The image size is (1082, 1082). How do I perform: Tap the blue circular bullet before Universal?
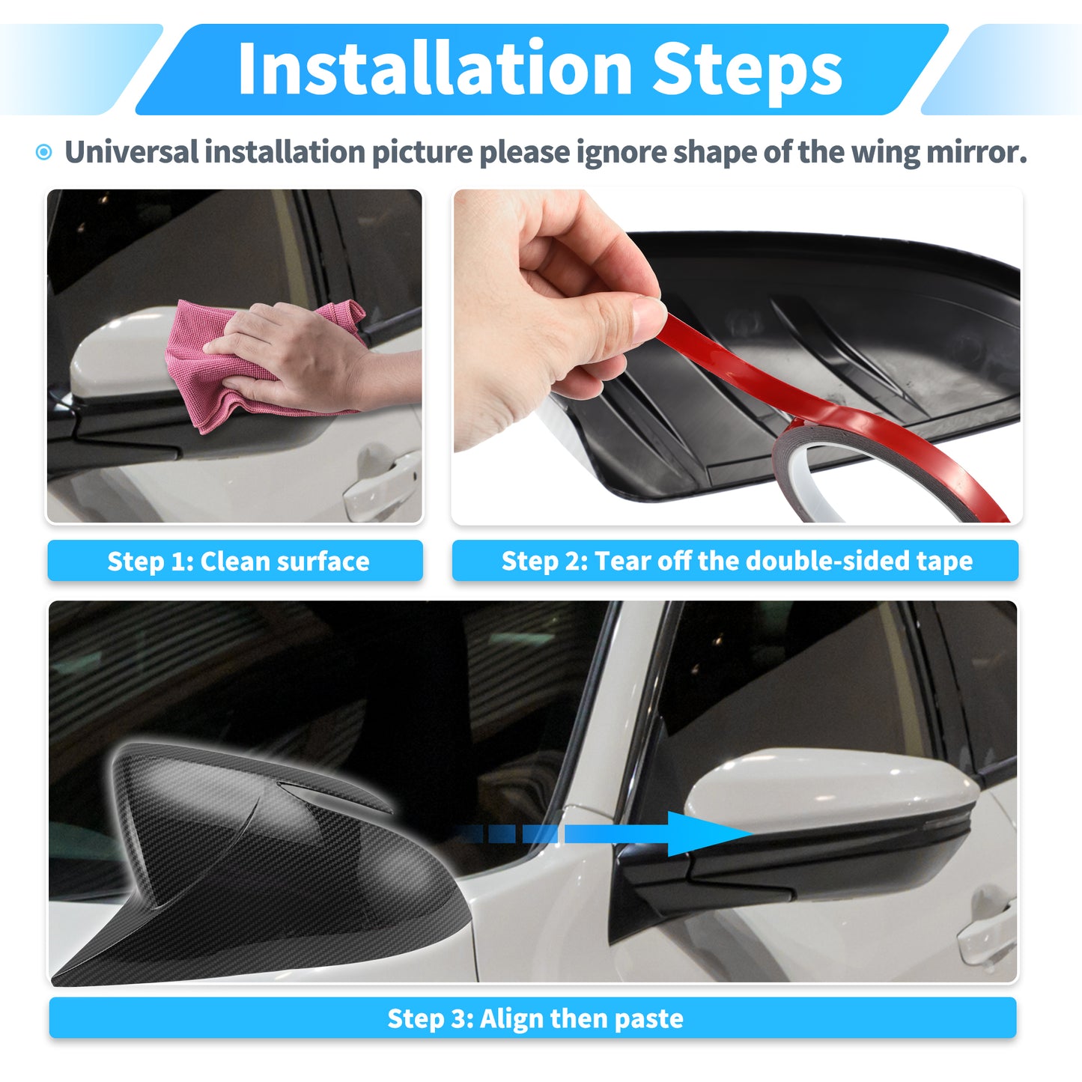43,152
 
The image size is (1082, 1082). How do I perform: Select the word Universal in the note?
131,151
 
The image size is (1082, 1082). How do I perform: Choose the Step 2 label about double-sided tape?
735,560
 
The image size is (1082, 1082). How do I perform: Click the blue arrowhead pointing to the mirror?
708,834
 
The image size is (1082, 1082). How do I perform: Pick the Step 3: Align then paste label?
533,1018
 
